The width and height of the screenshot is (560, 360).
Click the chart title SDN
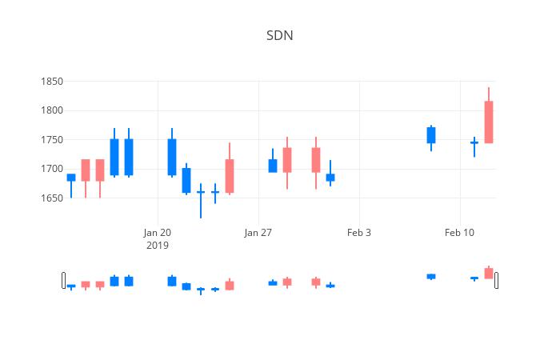pyautogui.click(x=279, y=36)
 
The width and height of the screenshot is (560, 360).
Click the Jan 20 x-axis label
pyautogui.click(x=158, y=233)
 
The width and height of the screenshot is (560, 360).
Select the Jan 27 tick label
pyautogui.click(x=258, y=233)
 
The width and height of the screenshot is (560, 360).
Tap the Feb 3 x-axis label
pyautogui.click(x=359, y=233)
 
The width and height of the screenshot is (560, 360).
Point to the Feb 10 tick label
pyautogui.click(x=460, y=233)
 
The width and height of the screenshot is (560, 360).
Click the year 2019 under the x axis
pyautogui.click(x=158, y=246)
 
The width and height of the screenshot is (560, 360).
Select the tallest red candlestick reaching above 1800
pyautogui.click(x=489, y=122)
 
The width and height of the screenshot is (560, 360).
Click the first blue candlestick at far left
pyautogui.click(x=71, y=178)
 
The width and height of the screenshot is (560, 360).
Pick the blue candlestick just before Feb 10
pyautogui.click(x=431, y=135)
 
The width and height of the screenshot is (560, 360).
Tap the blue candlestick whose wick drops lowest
pyautogui.click(x=201, y=192)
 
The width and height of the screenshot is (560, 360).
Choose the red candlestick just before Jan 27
pyautogui.click(x=230, y=176)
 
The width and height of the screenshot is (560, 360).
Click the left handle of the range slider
pyautogui.click(x=64, y=280)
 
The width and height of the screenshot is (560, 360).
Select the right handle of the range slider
pyautogui.click(x=497, y=280)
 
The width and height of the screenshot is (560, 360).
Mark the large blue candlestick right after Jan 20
pyautogui.click(x=172, y=157)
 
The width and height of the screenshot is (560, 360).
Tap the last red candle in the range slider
pyautogui.click(x=489, y=273)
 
